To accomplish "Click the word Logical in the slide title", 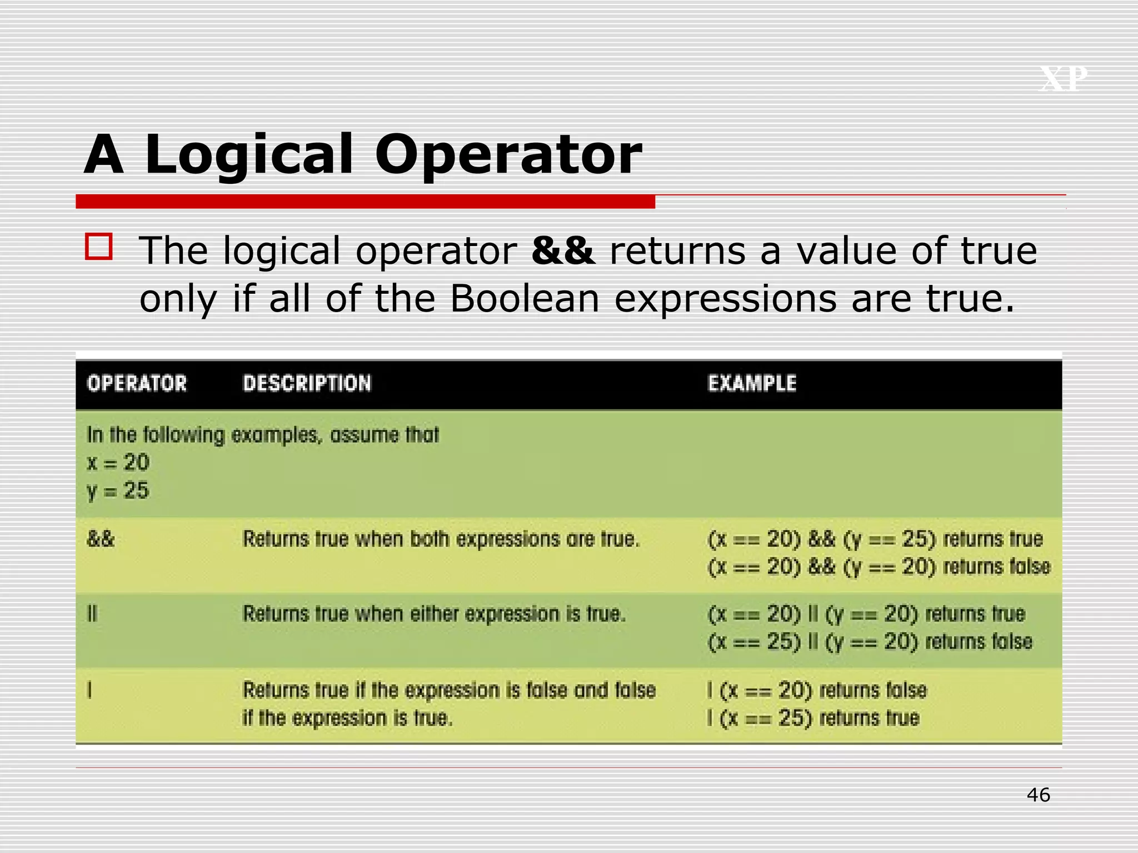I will point(248,155).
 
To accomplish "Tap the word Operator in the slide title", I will point(508,155).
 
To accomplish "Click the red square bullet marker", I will point(99,247).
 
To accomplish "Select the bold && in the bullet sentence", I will point(562,250).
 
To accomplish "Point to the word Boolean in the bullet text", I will point(525,299).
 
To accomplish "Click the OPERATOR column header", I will point(137,383).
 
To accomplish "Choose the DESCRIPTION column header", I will point(307,383).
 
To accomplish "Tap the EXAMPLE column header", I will point(752,383).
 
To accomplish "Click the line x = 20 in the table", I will point(118,462).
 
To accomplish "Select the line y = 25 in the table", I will point(118,490).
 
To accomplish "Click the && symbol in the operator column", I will point(101,539).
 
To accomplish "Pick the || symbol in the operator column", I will point(92,614).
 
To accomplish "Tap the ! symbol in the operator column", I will point(89,690).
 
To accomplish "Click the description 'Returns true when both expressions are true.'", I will point(441,539).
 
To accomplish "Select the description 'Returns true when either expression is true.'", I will point(434,614).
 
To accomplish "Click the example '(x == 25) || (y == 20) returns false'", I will point(870,642).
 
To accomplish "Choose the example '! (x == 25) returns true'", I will point(813,718).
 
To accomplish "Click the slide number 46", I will point(1038,795).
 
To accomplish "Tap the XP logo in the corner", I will point(1062,79).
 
